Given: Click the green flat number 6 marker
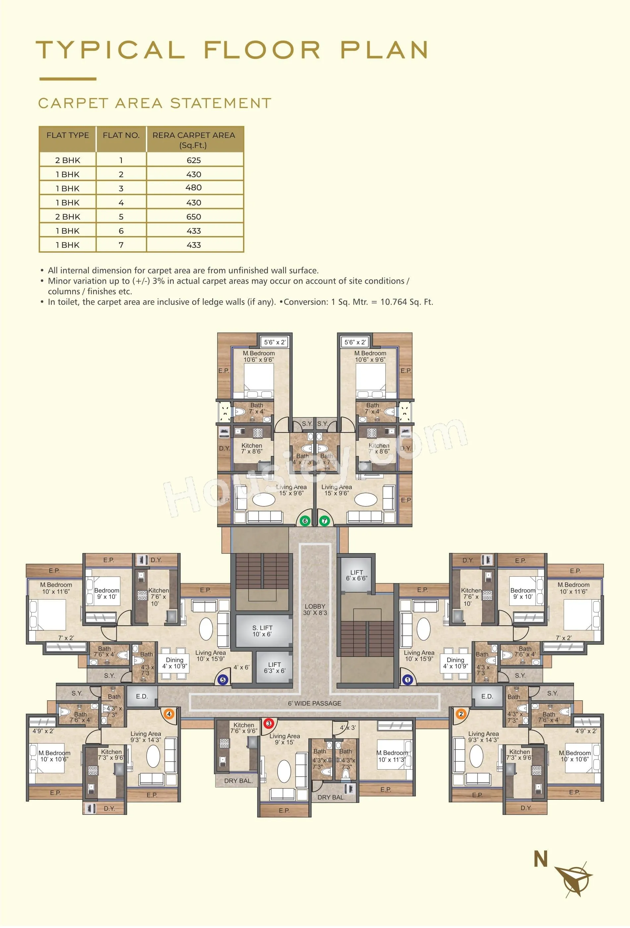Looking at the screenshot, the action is (305, 521).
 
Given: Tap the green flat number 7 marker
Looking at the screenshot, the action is (324, 521).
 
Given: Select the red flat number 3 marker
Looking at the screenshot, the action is (269, 723).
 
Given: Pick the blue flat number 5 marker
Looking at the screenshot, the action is (223, 680).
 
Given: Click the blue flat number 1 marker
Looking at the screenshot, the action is (408, 680).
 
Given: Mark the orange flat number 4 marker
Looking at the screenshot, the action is (169, 714).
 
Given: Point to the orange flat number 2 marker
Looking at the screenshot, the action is (461, 714).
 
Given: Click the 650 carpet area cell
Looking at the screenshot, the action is (194, 217).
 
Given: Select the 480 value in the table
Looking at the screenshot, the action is (194, 188).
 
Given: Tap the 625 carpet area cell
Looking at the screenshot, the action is (194, 160).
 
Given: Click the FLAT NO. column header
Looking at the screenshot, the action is (121, 135).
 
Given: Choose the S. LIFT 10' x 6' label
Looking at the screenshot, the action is (262, 631).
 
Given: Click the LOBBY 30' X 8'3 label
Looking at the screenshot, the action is (315, 609).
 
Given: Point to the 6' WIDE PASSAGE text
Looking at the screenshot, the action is (315, 703).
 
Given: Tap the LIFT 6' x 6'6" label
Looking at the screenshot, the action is (357, 575).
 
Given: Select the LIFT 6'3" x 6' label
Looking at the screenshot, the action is (275, 667).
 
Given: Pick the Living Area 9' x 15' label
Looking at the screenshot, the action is (284, 739).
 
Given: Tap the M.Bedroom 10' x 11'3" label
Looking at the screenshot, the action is (392, 756).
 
